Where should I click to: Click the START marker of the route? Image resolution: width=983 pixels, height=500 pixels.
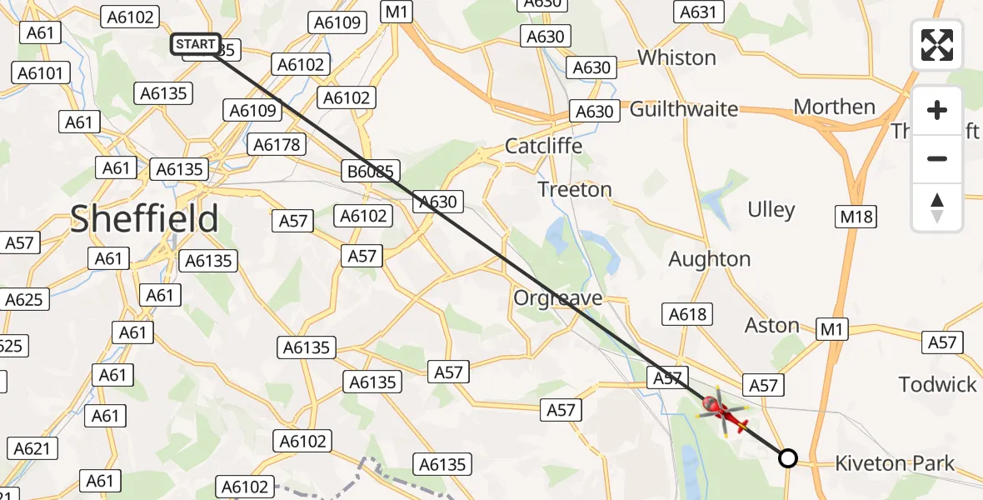tap(197, 44)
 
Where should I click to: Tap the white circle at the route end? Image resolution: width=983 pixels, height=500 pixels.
tap(787, 457)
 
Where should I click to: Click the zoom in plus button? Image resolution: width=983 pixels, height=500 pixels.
tap(937, 111)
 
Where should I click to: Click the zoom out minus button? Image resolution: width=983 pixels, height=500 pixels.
tap(937, 158)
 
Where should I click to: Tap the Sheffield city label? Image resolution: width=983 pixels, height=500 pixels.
tap(144, 218)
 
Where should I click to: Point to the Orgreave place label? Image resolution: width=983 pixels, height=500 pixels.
tap(557, 298)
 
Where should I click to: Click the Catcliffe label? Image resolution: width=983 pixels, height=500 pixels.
tap(544, 146)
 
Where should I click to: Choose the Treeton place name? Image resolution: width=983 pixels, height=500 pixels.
tap(575, 189)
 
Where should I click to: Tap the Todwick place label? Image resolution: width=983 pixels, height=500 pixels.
tap(937, 384)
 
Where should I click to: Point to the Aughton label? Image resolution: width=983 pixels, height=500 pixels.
tap(710, 259)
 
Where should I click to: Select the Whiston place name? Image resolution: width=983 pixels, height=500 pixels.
tap(676, 57)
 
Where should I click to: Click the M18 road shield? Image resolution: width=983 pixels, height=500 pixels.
tap(856, 217)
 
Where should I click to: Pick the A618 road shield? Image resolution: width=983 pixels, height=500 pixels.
tap(687, 314)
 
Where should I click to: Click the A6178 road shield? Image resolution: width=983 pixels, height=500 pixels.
tap(277, 145)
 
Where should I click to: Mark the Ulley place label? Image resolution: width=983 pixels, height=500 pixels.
tap(771, 209)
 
